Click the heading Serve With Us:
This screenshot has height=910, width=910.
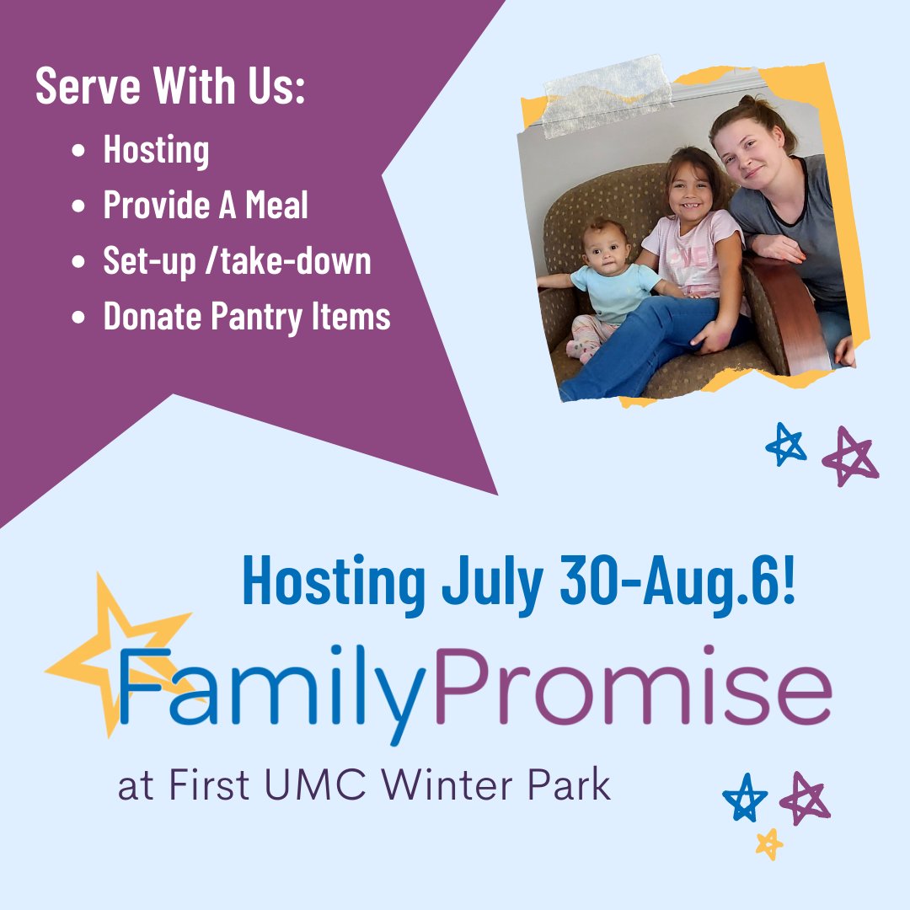tap(169, 88)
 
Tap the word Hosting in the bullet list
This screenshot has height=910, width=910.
tap(156, 151)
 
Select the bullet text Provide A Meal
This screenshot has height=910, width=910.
tap(206, 206)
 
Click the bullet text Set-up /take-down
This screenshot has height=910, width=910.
tap(237, 261)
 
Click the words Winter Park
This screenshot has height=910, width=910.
tap(495, 785)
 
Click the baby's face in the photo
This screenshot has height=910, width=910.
tap(605, 244)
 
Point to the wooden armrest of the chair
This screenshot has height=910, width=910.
tap(792, 316)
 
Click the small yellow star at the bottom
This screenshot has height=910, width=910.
tap(768, 843)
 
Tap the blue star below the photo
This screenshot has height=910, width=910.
tap(786, 444)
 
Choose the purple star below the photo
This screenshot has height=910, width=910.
tap(849, 456)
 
